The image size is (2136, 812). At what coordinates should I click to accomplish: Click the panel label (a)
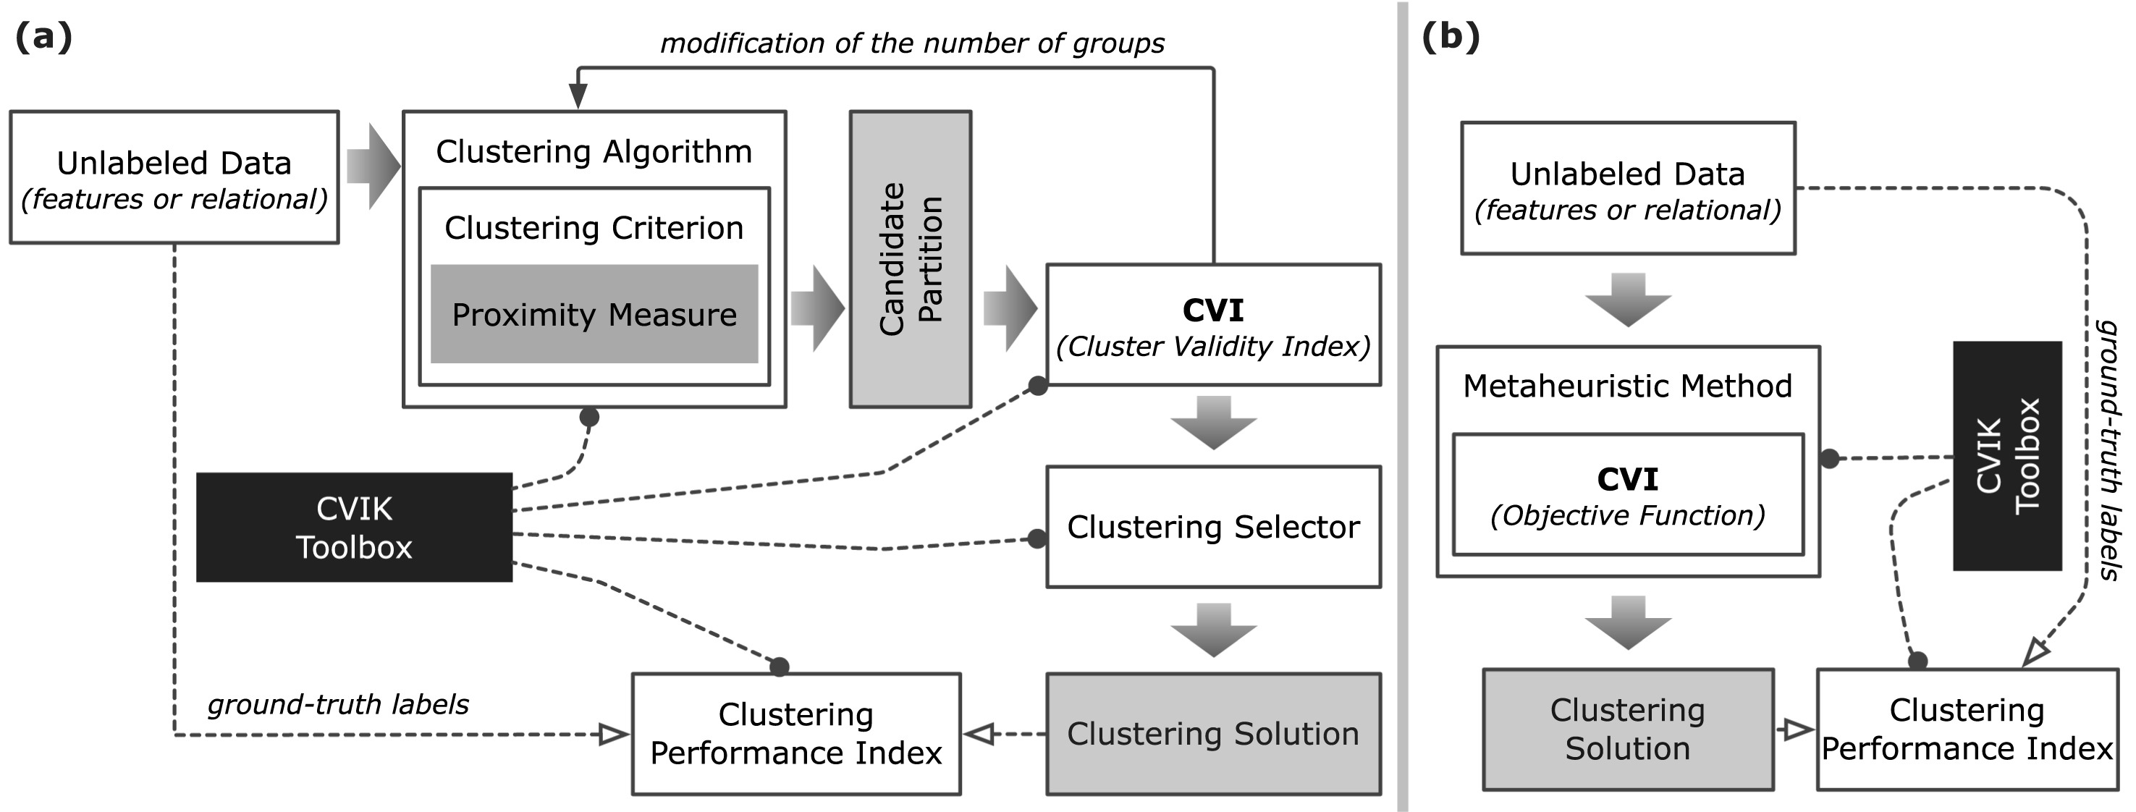click(43, 38)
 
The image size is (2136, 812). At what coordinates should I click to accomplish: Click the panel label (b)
click(1451, 38)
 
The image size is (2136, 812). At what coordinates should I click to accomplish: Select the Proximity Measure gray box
click(594, 314)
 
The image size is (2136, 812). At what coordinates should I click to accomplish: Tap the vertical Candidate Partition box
click(910, 259)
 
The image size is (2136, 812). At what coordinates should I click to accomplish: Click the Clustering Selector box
click(1212, 527)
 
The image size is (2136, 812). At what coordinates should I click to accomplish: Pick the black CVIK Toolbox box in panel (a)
click(354, 528)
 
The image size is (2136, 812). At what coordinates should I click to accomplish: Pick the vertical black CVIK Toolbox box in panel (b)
click(2006, 455)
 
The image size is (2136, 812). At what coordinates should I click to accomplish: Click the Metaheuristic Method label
click(1627, 386)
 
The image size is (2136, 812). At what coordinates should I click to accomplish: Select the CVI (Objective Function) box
click(1627, 494)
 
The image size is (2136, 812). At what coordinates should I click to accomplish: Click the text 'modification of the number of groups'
click(912, 43)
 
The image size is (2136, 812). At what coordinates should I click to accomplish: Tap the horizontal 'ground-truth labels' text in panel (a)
click(337, 704)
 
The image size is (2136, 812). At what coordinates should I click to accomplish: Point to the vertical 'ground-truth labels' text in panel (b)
click(2107, 449)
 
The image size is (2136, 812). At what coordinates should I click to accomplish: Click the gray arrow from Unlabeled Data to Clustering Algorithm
click(372, 166)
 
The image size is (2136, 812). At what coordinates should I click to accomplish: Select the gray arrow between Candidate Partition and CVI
click(1009, 308)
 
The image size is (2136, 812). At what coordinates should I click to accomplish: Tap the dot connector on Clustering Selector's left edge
click(1037, 539)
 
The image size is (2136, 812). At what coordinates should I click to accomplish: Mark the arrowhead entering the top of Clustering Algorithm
click(578, 96)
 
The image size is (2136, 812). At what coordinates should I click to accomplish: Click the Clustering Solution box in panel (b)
click(1627, 729)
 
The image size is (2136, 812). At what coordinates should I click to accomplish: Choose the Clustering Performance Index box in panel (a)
click(795, 733)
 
